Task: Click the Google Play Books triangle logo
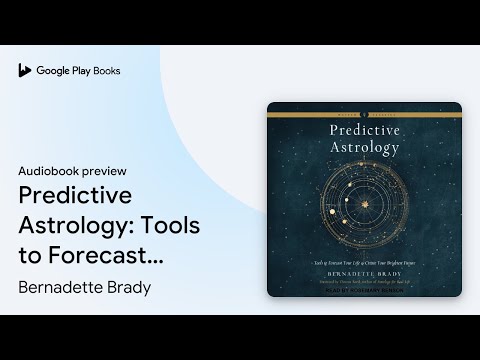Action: click(24, 71)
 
